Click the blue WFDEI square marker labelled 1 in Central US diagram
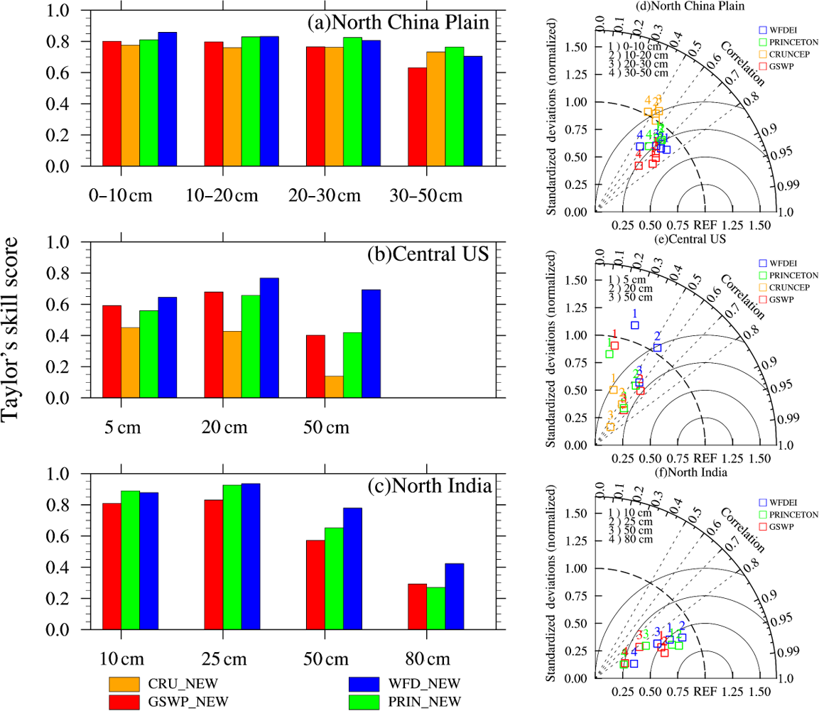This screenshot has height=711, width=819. pos(634,325)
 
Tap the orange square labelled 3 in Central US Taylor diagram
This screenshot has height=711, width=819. pos(610,427)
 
